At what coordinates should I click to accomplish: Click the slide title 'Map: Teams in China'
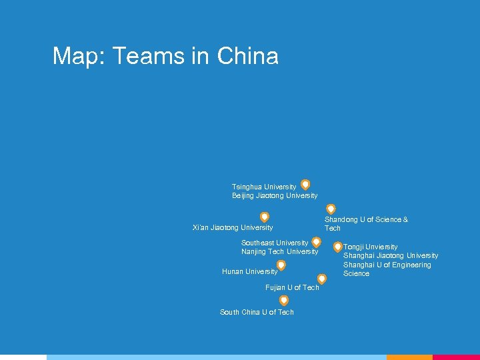[x=165, y=56]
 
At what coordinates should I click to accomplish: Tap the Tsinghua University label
[x=264, y=187]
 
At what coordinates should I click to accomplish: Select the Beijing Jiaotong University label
[x=275, y=195]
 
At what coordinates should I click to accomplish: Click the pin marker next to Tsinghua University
[x=305, y=185]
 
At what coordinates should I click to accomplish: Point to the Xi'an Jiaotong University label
[x=233, y=227]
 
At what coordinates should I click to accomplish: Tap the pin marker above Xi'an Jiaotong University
[x=265, y=217]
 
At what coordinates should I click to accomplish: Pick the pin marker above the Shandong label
[x=331, y=209]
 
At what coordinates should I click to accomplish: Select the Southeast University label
[x=275, y=243]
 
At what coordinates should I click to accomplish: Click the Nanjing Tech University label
[x=280, y=251]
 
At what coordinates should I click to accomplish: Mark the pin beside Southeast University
[x=317, y=242]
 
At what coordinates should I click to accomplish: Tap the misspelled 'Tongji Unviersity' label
[x=371, y=247]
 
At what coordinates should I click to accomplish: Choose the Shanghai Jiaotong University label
[x=391, y=255]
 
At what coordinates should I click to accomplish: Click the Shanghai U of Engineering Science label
[x=387, y=269]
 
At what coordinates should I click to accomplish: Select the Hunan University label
[x=249, y=271]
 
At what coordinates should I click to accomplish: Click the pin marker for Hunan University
[x=281, y=265]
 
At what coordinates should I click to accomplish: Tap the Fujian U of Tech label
[x=292, y=287]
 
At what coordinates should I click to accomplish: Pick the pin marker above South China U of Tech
[x=284, y=301]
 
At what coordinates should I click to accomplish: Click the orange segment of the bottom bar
[x=409, y=357]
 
